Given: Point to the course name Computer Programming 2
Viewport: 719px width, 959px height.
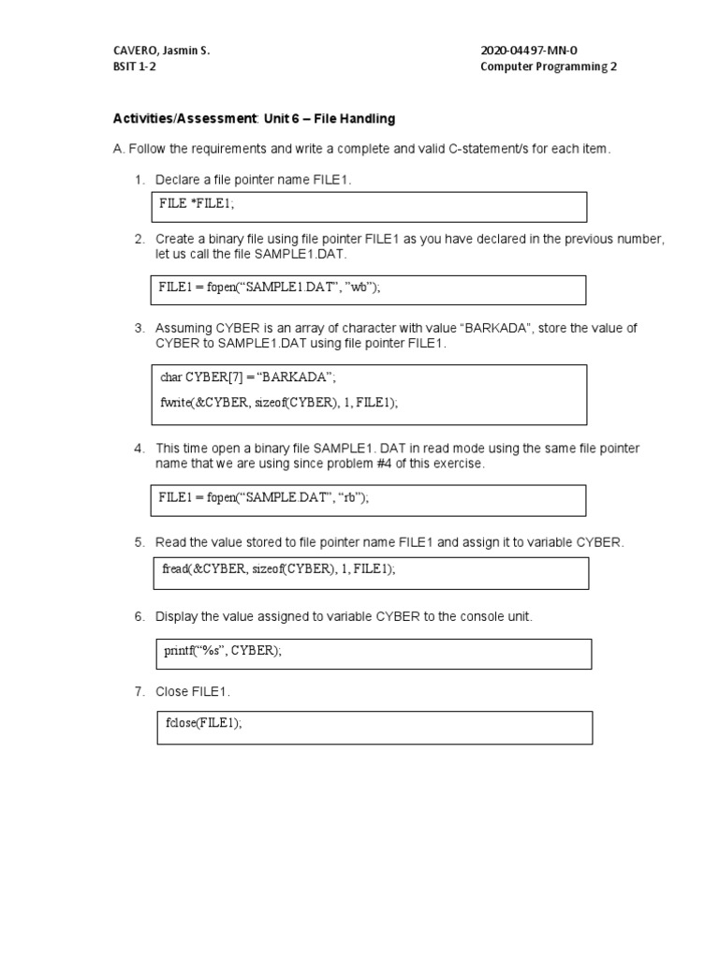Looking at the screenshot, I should click(549, 66).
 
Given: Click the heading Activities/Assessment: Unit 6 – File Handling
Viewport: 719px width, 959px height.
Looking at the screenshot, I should click(254, 119).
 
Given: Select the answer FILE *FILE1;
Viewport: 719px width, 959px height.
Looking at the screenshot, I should click(197, 203).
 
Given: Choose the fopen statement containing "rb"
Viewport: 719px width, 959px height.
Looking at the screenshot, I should click(264, 497).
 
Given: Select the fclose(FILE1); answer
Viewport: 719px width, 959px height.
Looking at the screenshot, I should click(203, 723).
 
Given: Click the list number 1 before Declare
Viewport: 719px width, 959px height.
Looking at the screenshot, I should click(139, 179).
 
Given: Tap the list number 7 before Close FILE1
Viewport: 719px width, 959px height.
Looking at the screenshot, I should click(139, 691).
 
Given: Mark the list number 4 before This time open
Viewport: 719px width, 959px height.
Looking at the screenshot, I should click(139, 449).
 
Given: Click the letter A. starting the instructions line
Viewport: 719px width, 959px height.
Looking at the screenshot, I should click(118, 149).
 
